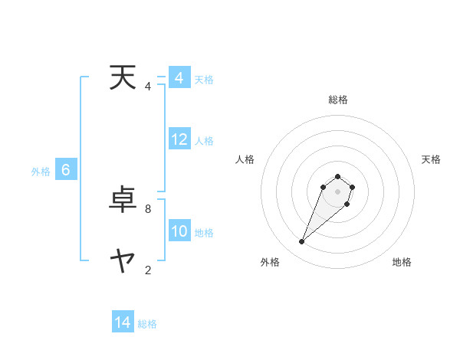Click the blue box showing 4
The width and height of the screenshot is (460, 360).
click(x=179, y=78)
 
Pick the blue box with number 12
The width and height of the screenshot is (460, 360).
click(x=179, y=139)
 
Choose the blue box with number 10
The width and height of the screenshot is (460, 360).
click(x=179, y=231)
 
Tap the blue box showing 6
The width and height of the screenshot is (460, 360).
click(x=66, y=170)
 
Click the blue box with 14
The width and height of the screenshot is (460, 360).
click(x=123, y=322)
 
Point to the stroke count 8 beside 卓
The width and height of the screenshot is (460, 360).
click(x=148, y=208)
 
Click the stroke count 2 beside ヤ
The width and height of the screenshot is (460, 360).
click(x=148, y=270)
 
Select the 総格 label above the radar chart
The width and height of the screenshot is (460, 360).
click(x=338, y=100)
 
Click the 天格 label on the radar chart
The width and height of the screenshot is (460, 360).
click(x=431, y=159)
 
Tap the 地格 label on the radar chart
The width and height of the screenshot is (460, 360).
click(x=402, y=262)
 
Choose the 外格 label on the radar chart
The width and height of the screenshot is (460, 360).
click(x=270, y=262)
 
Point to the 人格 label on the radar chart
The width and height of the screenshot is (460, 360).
click(x=245, y=159)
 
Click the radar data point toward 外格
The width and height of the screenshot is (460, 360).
click(x=302, y=242)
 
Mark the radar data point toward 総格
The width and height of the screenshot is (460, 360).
click(x=337, y=175)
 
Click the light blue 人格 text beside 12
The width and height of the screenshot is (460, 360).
click(x=204, y=141)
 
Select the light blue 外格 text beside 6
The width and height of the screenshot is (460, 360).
click(x=41, y=172)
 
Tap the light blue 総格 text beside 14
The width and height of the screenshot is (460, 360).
click(x=147, y=324)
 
